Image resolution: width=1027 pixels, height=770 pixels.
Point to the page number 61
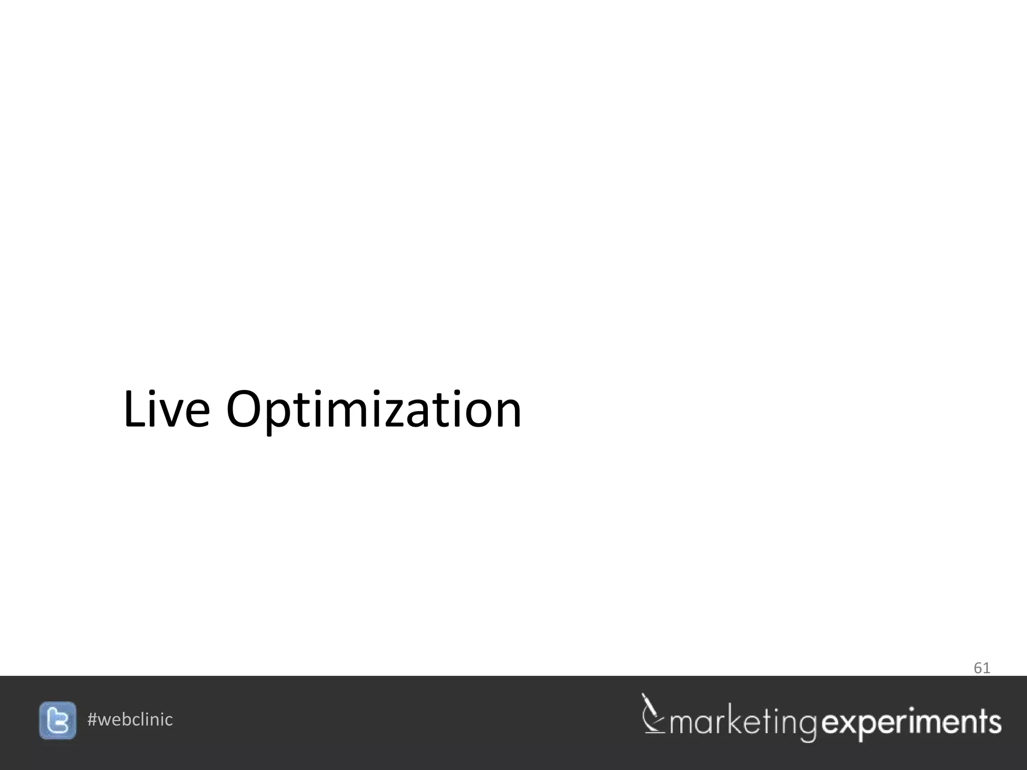(x=981, y=668)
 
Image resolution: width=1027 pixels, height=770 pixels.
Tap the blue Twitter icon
(x=58, y=720)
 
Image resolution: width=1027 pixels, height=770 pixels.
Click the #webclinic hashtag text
(x=130, y=719)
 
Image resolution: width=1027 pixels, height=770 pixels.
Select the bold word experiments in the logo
(x=912, y=723)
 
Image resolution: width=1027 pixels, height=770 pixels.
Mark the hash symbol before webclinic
(x=92, y=719)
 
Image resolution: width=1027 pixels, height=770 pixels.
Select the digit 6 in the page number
(x=978, y=668)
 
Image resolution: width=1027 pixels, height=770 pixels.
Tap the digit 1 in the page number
(x=986, y=668)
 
